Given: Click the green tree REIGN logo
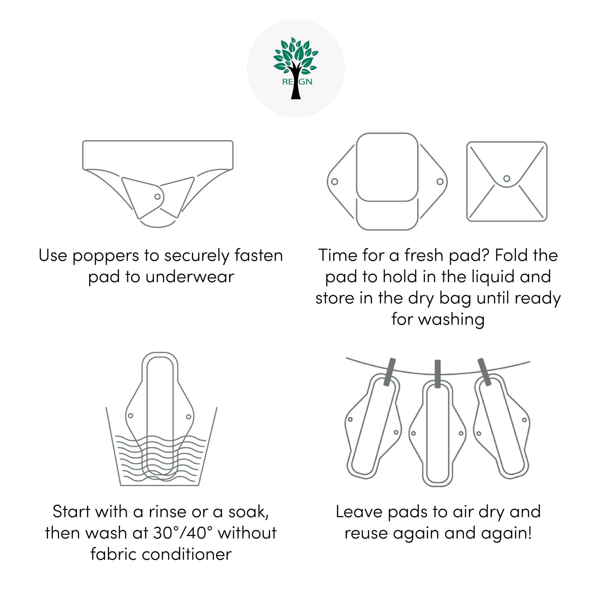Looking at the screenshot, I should (296, 68).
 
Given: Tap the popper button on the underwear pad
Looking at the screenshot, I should (157, 197).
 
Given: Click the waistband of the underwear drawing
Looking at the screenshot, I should (158, 155).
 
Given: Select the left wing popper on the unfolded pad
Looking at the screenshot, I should (335, 182).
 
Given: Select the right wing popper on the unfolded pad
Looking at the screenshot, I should (440, 182).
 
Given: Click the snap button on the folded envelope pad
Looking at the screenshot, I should (507, 178).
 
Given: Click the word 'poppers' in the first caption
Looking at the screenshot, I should (105, 256).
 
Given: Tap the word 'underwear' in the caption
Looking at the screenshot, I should (190, 277).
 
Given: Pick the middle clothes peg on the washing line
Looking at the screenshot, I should (437, 374).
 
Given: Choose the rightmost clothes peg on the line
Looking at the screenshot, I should (485, 372).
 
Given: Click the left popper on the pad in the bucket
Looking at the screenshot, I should (131, 416).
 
